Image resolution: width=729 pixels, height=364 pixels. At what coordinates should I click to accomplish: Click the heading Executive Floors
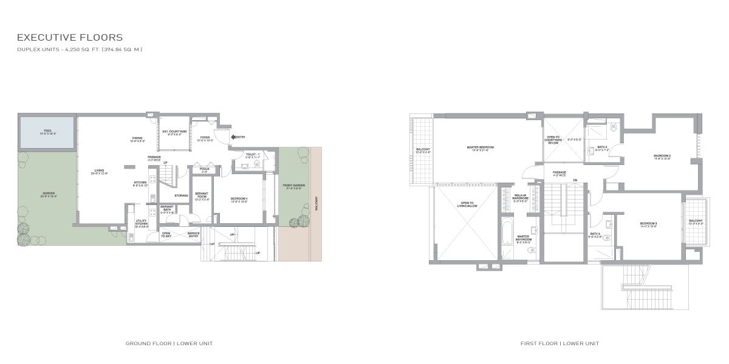(x=70, y=38)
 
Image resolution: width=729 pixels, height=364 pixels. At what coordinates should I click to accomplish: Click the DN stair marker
(x=574, y=180)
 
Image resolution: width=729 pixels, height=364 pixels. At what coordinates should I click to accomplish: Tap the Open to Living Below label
(x=467, y=204)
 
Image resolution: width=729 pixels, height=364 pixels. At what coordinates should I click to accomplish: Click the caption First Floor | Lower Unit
(x=559, y=343)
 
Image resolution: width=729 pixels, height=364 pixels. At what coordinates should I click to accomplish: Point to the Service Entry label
(x=194, y=234)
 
